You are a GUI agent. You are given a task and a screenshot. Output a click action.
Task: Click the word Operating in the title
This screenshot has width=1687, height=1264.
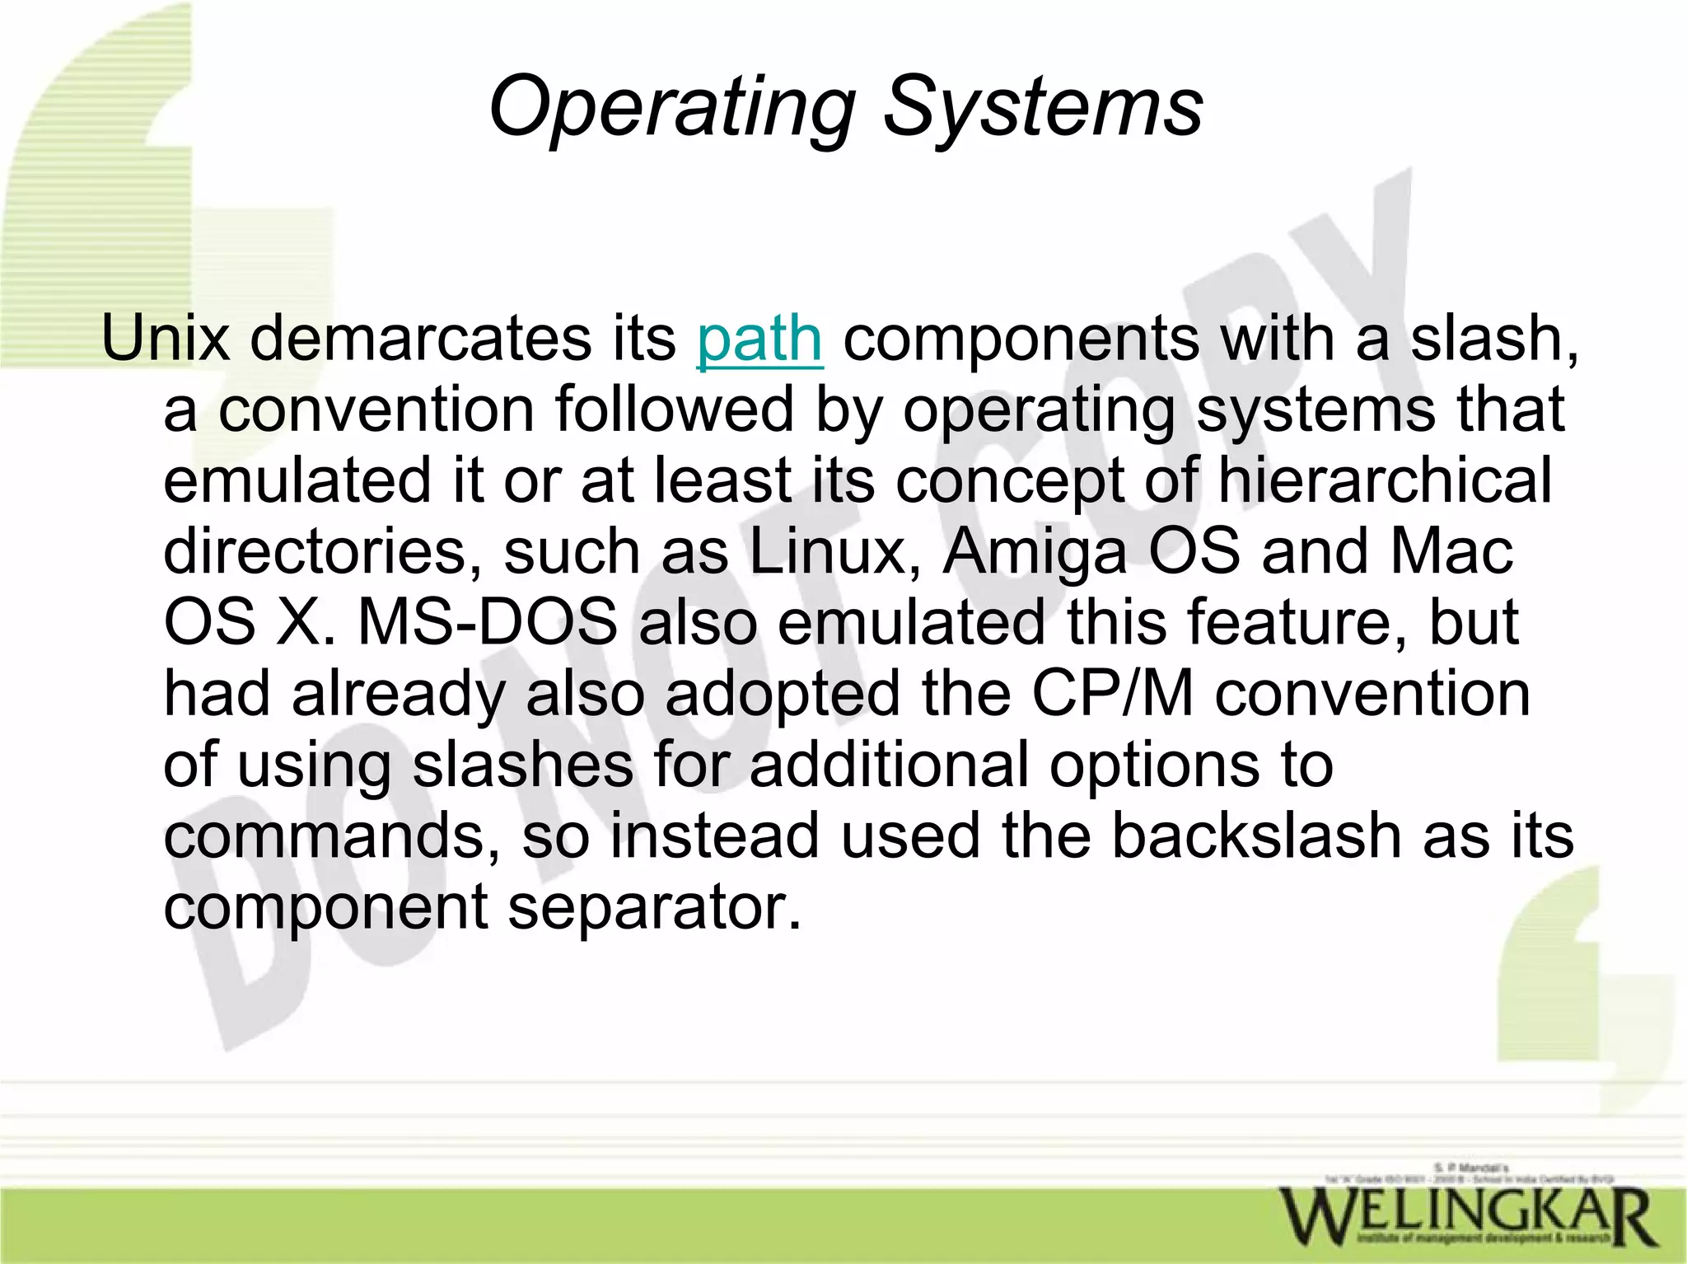pos(672,108)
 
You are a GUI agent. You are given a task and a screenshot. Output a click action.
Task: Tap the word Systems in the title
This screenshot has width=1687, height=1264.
pos(1042,108)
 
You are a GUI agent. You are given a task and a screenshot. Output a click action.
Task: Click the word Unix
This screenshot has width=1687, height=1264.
pos(165,339)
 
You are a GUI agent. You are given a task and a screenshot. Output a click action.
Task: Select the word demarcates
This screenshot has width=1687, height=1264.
pos(420,339)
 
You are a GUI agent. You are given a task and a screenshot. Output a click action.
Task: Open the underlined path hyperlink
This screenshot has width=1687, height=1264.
pos(759,339)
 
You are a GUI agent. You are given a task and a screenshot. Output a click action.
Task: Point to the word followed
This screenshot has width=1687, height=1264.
pos(674,410)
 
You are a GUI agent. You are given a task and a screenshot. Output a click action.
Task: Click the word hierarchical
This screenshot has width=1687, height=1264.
pos(1385,480)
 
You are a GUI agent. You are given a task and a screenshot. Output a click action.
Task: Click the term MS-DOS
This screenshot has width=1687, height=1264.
pos(488,622)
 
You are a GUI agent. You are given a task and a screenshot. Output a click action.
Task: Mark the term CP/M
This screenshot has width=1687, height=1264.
pos(1112,693)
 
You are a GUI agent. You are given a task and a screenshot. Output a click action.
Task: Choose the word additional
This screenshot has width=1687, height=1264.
pos(889,764)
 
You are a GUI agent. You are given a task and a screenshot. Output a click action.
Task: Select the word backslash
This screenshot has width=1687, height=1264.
pos(1256,836)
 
